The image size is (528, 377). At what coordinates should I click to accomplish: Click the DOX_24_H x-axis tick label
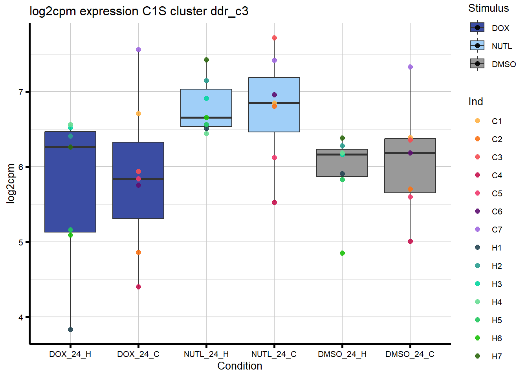(x=70, y=354)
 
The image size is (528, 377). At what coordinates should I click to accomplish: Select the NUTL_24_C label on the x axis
(x=274, y=354)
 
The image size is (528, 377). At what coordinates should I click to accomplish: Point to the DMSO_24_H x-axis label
(x=342, y=354)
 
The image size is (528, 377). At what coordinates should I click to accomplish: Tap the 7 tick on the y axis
(x=21, y=92)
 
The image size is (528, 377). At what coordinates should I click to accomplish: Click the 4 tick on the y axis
(x=21, y=317)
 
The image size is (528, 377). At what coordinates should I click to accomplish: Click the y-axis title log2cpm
(x=11, y=183)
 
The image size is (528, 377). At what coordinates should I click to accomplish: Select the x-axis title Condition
(x=240, y=366)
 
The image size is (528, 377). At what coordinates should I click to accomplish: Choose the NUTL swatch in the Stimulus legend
(x=477, y=46)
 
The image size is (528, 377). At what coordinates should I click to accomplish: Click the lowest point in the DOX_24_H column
(x=70, y=329)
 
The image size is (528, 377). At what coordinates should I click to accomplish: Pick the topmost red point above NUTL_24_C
(x=274, y=38)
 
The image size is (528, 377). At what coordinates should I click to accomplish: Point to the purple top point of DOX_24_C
(x=138, y=50)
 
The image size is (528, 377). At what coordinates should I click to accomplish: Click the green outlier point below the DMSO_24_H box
(x=342, y=253)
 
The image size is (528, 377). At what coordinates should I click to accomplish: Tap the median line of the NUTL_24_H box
(x=206, y=117)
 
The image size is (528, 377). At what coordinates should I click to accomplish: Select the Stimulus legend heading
(x=488, y=8)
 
